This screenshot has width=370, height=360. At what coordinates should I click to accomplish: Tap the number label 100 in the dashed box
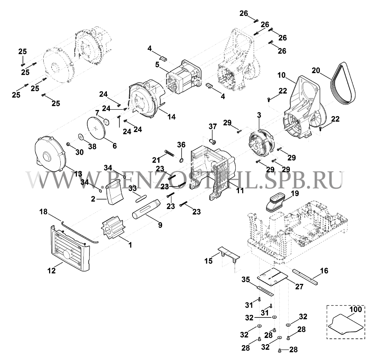click(356, 309)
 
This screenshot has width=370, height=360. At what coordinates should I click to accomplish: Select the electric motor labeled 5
click(184, 77)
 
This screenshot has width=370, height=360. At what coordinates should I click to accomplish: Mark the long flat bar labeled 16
click(305, 277)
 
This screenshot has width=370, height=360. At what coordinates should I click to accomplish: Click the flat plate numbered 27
click(273, 276)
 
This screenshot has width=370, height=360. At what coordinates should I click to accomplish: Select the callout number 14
click(171, 117)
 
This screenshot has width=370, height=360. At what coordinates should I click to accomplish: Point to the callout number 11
click(240, 190)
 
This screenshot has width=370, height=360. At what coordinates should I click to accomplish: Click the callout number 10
click(282, 75)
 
